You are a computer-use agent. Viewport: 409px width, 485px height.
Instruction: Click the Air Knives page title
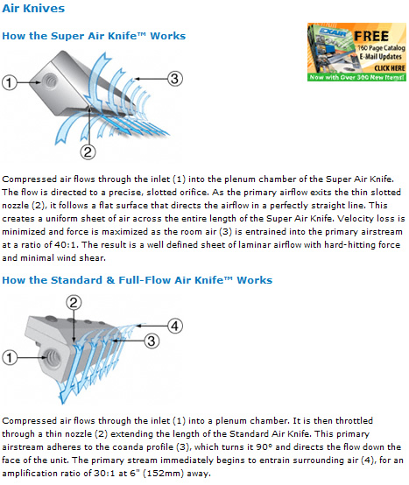tap(33, 9)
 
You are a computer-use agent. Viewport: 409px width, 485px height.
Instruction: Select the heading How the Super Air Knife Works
tap(94, 36)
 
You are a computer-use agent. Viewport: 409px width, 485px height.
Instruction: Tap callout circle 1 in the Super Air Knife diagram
tap(10, 82)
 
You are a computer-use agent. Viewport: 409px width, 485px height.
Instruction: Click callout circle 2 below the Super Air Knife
tap(88, 152)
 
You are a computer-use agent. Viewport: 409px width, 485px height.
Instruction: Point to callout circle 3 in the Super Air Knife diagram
tap(175, 79)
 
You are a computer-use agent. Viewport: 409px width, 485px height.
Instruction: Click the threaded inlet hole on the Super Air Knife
tap(50, 81)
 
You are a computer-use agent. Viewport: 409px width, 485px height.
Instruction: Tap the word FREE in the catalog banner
tap(371, 36)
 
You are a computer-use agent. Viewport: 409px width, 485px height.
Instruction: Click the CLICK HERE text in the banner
tap(390, 68)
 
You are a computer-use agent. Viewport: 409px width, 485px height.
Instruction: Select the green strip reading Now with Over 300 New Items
tap(356, 77)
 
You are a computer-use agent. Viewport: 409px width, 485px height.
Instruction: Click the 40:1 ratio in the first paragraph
tap(66, 244)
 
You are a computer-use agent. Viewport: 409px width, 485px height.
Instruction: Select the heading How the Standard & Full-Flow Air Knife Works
tap(137, 280)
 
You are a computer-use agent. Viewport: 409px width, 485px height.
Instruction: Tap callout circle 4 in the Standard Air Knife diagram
tap(175, 326)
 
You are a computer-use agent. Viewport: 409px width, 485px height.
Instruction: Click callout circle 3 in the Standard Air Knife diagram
tap(152, 341)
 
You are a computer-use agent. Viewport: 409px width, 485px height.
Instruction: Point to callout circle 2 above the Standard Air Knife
tap(74, 303)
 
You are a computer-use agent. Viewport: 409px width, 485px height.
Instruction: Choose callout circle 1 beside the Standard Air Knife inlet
tap(10, 358)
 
